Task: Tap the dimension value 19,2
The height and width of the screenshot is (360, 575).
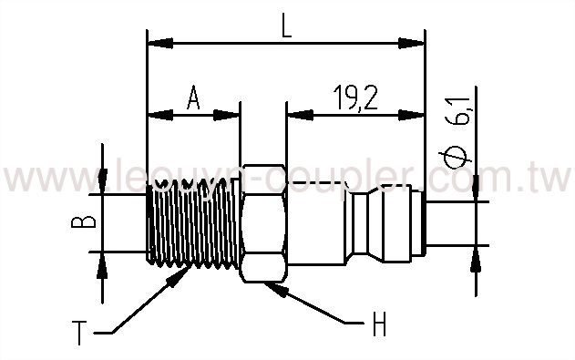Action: coord(351,96)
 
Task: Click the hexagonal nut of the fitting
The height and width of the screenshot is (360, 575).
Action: coord(262,223)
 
